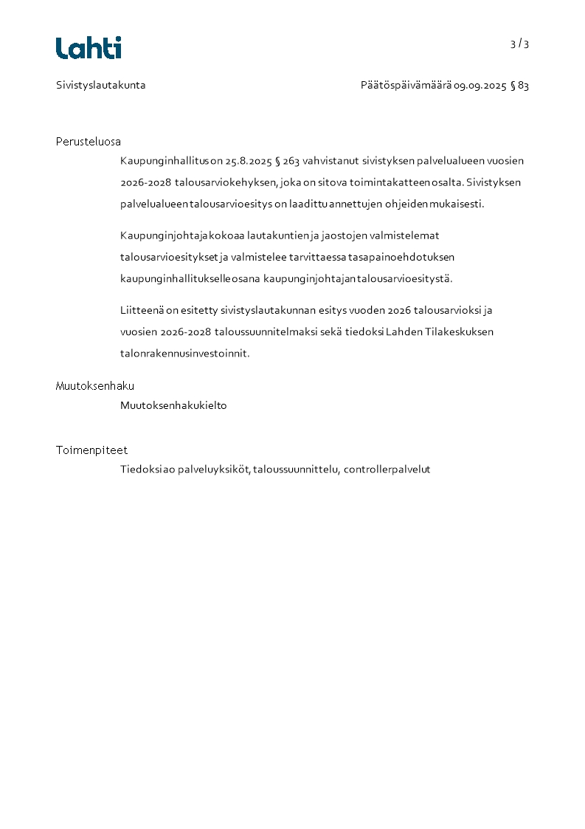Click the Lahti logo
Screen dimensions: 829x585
89,48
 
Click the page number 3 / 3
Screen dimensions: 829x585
519,44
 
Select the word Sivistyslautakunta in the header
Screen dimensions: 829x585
101,85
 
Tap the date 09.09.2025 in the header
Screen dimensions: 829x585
480,86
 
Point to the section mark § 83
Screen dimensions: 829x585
519,86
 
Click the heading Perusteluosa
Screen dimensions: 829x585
89,142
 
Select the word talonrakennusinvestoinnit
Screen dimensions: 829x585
185,354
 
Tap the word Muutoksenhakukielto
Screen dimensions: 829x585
173,405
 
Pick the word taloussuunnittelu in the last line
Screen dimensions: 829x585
296,469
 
